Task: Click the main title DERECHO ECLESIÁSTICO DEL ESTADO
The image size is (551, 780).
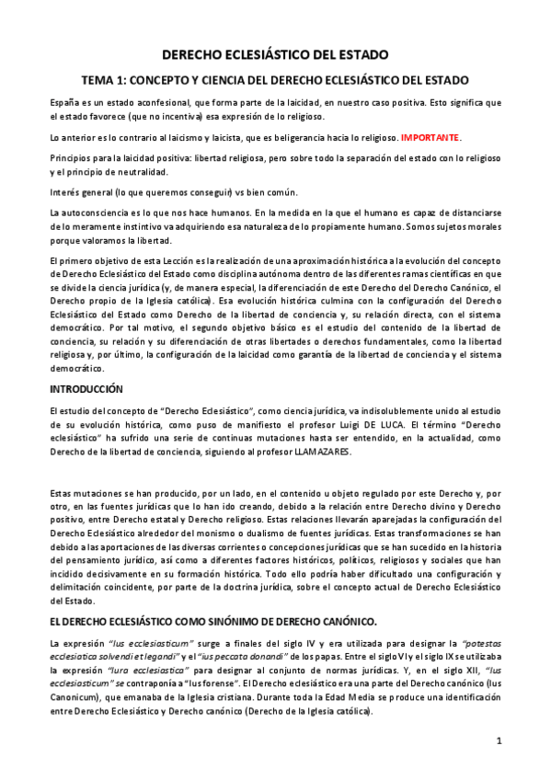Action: point(275,55)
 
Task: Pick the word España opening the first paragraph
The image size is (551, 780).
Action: point(65,99)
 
